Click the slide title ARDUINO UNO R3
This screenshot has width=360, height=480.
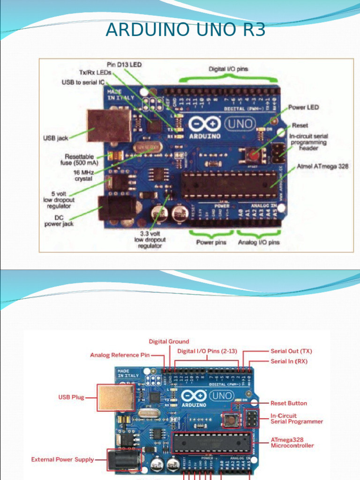pyautogui.click(x=186, y=30)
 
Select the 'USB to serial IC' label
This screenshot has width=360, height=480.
pyautogui.click(x=83, y=82)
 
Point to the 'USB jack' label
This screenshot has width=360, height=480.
pyautogui.click(x=56, y=139)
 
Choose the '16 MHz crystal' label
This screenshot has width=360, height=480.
pyautogui.click(x=83, y=176)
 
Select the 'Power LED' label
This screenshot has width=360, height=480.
pyautogui.click(x=303, y=107)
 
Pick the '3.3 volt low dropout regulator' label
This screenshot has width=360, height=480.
pyautogui.click(x=150, y=239)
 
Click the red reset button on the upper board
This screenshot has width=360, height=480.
pyautogui.click(x=252, y=154)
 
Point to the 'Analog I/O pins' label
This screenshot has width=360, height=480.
pyautogui.click(x=258, y=242)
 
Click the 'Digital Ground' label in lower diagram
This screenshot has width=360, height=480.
pyautogui.click(x=169, y=341)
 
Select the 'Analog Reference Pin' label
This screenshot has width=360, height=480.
pyautogui.click(x=120, y=355)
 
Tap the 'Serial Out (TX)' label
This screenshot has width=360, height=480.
pyautogui.click(x=291, y=351)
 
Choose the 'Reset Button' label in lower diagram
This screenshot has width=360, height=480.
pyautogui.click(x=289, y=403)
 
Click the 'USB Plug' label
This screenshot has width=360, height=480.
pyautogui.click(x=71, y=397)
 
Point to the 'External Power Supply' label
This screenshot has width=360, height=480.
pyautogui.click(x=62, y=459)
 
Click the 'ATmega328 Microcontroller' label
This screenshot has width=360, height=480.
pyautogui.click(x=292, y=442)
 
